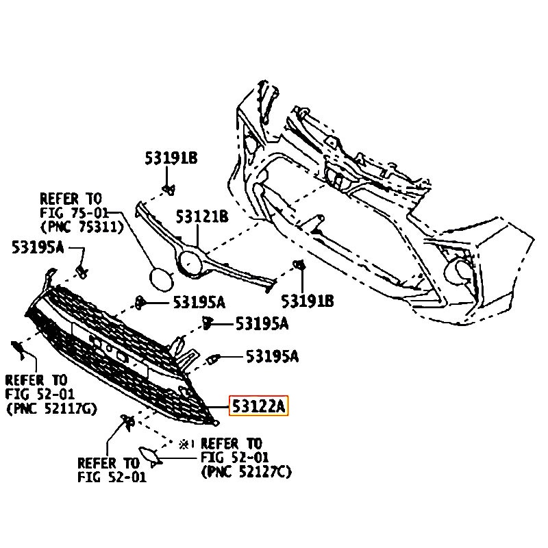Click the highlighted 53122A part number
pos(258,407)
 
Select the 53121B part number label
pos(201,217)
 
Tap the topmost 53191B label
pos(171,158)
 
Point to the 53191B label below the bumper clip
pos(308,299)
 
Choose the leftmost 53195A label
pos(38,247)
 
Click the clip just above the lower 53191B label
pos(299,266)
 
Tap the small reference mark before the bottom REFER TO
pos(184,444)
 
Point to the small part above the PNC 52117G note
pos(18,351)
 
